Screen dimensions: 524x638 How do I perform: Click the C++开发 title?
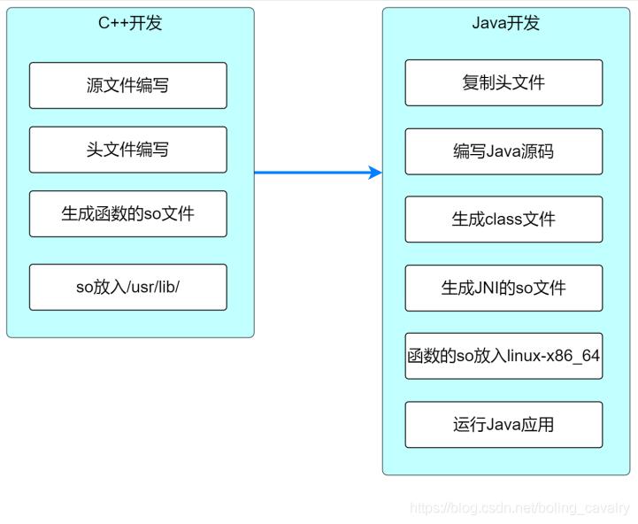pos(130,23)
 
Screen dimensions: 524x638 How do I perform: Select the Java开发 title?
pos(505,23)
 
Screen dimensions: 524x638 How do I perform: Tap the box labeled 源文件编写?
pos(127,85)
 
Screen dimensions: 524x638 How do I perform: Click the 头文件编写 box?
pos(127,150)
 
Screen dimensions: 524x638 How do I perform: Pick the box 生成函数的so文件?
pos(127,214)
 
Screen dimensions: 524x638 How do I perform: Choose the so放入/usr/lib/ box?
pos(127,287)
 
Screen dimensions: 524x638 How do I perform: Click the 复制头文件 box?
pos(503,82)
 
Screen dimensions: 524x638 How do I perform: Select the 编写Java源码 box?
pos(503,151)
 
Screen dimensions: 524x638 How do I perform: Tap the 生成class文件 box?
pos(503,220)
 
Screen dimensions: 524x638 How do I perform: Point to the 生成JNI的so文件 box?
pos(503,288)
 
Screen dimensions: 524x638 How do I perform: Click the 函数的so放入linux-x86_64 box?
pos(503,356)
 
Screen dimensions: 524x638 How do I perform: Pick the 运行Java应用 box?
pos(503,425)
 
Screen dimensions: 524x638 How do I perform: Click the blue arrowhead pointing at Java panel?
pos(375,173)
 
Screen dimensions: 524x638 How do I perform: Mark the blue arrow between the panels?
pos(314,173)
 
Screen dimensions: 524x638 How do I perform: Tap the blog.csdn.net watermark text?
pos(520,508)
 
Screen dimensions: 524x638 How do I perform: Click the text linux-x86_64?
pos(552,356)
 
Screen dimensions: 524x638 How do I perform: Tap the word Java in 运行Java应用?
pos(503,425)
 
